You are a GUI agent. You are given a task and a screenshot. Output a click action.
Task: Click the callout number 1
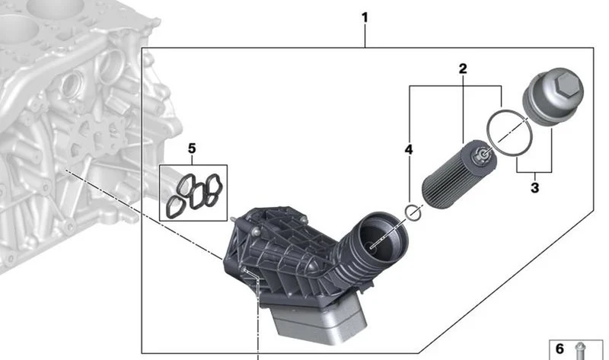(365, 18)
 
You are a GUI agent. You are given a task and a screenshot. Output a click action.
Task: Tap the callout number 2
(462, 68)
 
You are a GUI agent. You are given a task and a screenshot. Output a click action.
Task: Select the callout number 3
(534, 188)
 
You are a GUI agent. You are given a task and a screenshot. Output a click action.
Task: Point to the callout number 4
(409, 149)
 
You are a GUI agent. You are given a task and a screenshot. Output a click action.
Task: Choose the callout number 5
(192, 148)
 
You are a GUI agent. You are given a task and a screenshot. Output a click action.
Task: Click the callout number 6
(560, 349)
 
